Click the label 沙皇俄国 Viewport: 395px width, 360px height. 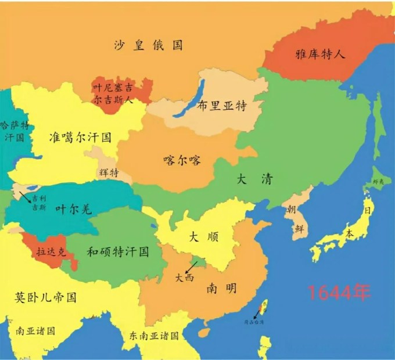click(x=148, y=45)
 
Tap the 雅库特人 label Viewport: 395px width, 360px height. click(x=321, y=54)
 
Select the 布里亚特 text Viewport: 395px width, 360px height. click(x=222, y=106)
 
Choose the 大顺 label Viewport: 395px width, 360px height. click(x=204, y=237)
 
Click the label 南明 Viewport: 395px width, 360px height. click(x=221, y=287)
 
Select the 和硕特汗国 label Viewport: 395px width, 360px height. click(x=118, y=252)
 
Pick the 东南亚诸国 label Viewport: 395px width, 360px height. click(x=154, y=336)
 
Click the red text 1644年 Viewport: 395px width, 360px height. click(x=339, y=293)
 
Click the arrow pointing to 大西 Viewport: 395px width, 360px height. click(x=191, y=267)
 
